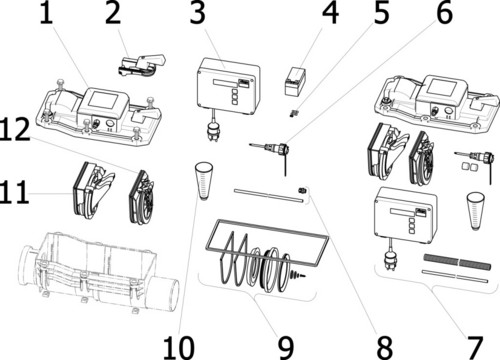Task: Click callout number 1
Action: [x=46, y=13]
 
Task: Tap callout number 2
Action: [x=113, y=13]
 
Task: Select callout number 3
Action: [x=197, y=13]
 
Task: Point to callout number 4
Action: [x=331, y=13]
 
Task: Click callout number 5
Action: [x=381, y=13]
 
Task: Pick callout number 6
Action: [x=445, y=13]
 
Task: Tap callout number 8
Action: [x=385, y=347]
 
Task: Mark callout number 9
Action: [x=286, y=347]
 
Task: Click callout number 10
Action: [x=179, y=347]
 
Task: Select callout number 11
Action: [x=14, y=192]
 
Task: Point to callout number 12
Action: [x=15, y=130]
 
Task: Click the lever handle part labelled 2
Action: [x=142, y=65]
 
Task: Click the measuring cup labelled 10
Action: [x=204, y=181]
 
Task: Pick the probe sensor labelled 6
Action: [x=272, y=150]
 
